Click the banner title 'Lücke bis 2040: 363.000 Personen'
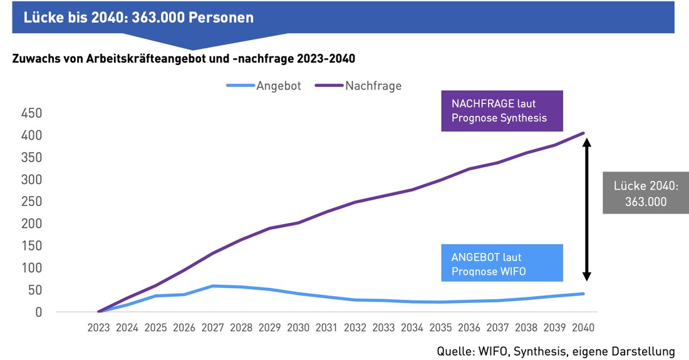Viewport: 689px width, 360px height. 138,18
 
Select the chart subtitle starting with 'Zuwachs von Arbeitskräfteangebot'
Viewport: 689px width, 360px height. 183,59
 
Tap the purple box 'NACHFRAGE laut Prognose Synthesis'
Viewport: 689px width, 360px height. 502,111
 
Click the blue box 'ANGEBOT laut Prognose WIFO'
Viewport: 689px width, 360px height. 502,264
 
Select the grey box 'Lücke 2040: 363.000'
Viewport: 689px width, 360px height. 645,193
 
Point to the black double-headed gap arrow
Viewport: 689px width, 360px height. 587,209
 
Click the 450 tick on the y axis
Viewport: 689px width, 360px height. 31,113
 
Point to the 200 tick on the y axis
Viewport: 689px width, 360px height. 31,224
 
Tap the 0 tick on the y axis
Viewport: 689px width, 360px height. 38,312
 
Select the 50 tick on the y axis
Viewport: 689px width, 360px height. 34,290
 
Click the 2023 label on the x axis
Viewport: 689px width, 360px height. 98,327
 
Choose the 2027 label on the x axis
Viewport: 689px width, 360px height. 212,327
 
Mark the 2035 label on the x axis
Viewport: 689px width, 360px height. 441,327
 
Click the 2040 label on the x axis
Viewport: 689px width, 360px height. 583,327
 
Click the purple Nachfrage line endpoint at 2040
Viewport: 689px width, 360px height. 584,133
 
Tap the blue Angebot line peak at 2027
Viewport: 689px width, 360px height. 213,286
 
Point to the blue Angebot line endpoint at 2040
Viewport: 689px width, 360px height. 584,294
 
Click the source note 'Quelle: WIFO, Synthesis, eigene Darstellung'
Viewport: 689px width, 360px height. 556,351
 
